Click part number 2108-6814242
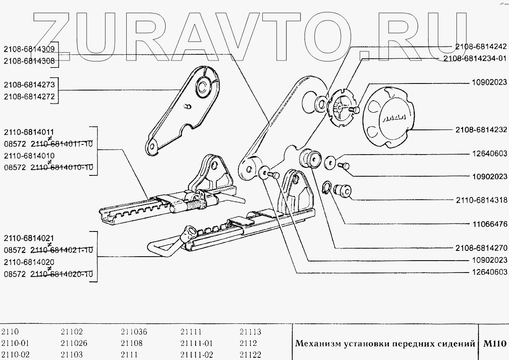[x=481, y=46]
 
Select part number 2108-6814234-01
[x=475, y=58]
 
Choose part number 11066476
[x=489, y=224]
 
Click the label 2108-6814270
[x=481, y=248]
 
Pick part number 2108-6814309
[x=30, y=49]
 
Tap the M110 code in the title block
[x=494, y=343]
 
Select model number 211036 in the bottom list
[x=134, y=332]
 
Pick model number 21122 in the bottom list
[x=250, y=355]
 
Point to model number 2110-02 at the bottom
[x=16, y=355]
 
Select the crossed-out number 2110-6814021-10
[x=61, y=250]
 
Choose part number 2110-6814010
[x=30, y=156]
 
